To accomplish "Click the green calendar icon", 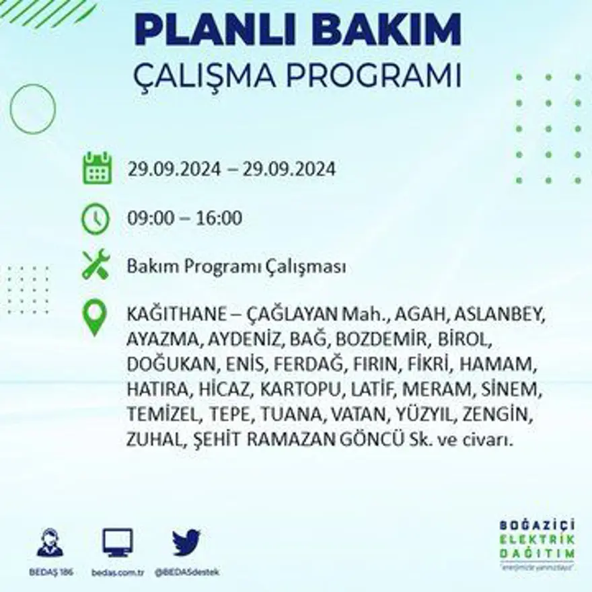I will pos(97,168).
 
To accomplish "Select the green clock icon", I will pos(96,218).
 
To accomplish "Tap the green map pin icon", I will pos(96,317).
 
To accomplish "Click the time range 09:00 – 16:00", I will pos(184,219).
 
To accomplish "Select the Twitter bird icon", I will pos(186,542).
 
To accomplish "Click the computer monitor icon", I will pos(118,542).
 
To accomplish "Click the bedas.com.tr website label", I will pos(118,572).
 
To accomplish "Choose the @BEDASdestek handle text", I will pos(187,572).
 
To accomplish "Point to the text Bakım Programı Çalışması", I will pos(236,267).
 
